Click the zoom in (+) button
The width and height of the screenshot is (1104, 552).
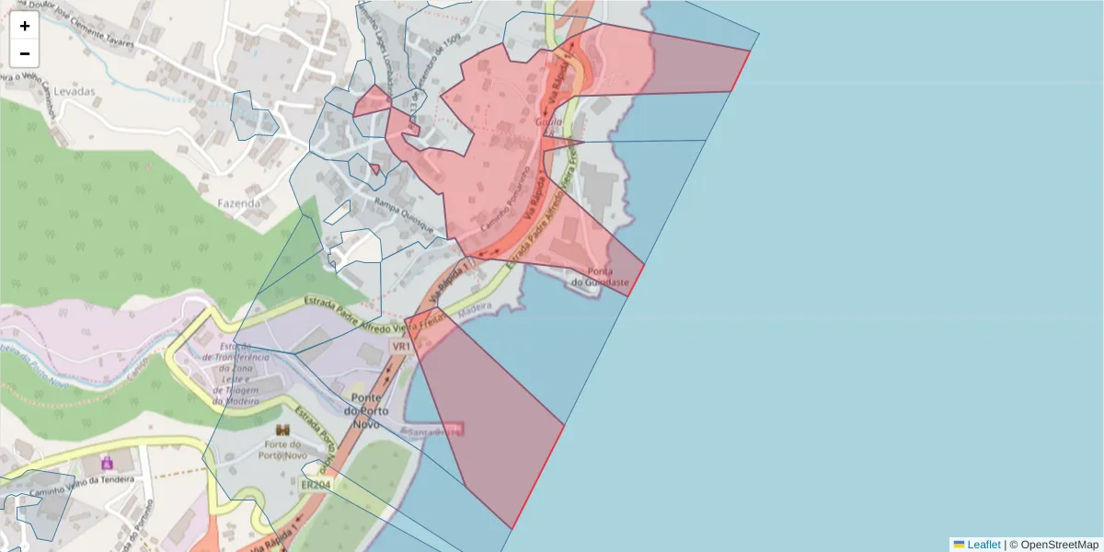coord(25,26)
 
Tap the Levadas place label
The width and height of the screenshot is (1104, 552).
coord(75,92)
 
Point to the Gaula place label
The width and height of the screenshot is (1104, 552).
coord(548,121)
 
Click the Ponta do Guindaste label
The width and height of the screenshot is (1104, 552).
coord(600,277)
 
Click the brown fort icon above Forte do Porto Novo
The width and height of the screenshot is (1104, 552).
coord(282,431)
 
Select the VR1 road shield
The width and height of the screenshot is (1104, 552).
coord(400,347)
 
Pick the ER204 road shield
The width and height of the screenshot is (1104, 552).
coord(315,484)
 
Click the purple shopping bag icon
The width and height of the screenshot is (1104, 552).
coord(106,462)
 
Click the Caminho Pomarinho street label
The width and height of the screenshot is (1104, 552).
coord(505,198)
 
